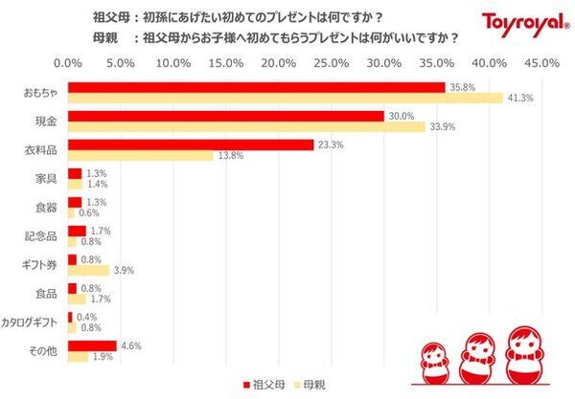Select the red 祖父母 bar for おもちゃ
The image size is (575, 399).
coord(256,87)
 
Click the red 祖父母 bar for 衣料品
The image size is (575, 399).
coord(191,144)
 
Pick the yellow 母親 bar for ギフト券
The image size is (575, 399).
coord(88,271)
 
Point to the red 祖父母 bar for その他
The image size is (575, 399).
coord(92,345)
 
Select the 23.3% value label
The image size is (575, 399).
coord(331,144)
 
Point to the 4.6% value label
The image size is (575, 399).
coord(130,345)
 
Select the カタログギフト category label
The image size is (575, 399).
coord(32,322)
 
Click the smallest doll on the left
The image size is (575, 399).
coord(430,359)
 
